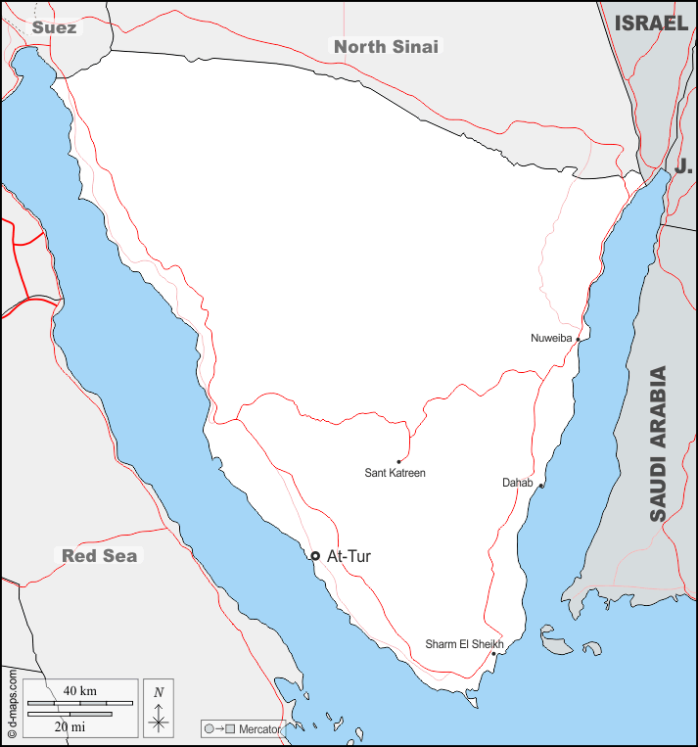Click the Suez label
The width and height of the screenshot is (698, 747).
(x=53, y=27)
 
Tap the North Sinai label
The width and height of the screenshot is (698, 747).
(x=386, y=46)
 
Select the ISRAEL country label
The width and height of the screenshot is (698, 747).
(x=651, y=23)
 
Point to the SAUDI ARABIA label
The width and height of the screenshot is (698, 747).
(x=658, y=443)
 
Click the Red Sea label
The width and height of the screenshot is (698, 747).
(x=100, y=556)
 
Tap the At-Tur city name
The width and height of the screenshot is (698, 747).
(x=349, y=556)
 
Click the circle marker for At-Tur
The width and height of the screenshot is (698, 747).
(x=315, y=556)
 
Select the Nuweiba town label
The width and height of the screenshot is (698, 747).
(x=550, y=339)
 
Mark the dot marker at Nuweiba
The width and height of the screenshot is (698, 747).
(x=578, y=340)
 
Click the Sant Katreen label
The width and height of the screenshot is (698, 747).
(x=395, y=473)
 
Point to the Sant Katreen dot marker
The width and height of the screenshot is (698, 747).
(x=398, y=461)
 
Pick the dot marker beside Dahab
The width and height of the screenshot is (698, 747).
(x=540, y=486)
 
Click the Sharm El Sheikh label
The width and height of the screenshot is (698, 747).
(x=464, y=644)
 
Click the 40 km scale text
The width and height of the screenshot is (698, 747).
(x=79, y=691)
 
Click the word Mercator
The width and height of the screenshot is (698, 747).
(x=259, y=729)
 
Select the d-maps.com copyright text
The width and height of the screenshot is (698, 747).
(x=12, y=703)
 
